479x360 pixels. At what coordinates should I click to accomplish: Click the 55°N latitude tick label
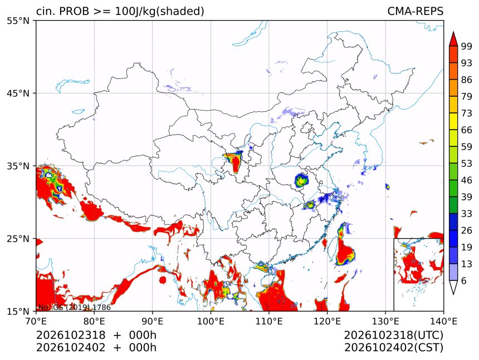18,21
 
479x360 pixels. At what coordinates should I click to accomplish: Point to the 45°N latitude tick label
18,93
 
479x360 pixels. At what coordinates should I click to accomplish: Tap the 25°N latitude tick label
18,239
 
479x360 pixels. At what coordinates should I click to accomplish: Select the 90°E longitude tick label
153,321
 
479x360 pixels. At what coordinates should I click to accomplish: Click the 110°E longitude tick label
269,321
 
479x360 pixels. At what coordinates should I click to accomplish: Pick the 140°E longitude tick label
443,321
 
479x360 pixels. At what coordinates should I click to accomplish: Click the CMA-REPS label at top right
415,11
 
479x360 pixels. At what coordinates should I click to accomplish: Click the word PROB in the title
74,11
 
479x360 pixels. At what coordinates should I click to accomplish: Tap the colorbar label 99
467,46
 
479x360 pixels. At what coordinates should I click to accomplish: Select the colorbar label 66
467,130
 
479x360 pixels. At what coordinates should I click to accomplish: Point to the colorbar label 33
467,214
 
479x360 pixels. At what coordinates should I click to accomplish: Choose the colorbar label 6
464,280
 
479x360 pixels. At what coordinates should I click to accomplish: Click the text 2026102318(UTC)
393,336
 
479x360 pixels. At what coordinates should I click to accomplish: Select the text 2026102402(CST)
393,348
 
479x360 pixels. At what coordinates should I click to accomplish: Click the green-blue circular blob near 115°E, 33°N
301,180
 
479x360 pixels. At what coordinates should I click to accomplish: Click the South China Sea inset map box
394,274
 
